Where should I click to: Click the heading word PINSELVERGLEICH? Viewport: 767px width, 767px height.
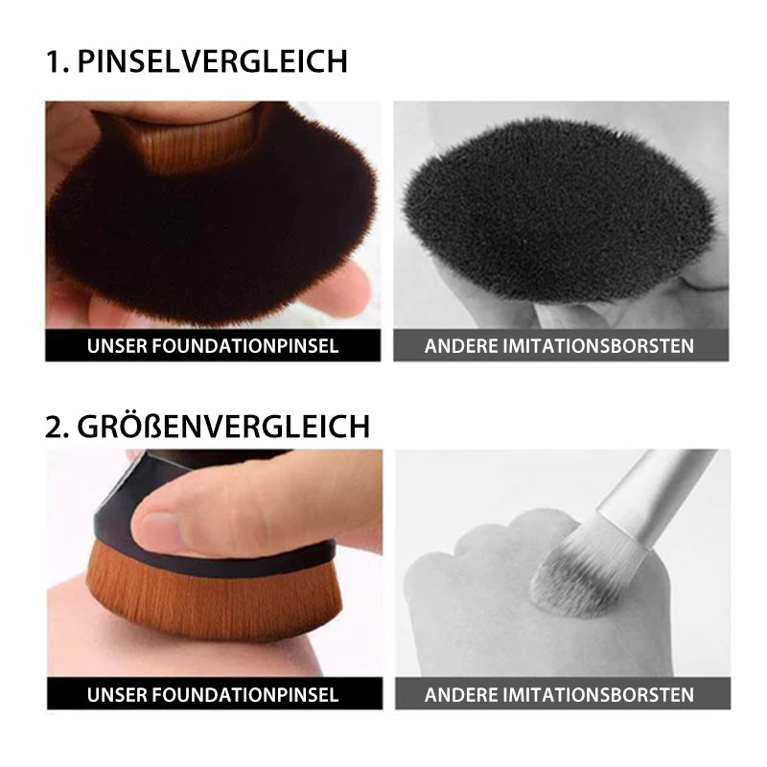pyautogui.click(x=212, y=61)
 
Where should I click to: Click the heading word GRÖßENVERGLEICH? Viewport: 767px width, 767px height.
pyautogui.click(x=223, y=426)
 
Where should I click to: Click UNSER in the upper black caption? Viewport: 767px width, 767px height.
pyautogui.click(x=117, y=346)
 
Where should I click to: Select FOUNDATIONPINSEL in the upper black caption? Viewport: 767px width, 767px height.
pyautogui.click(x=245, y=346)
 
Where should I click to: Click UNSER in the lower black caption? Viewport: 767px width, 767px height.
pyautogui.click(x=117, y=694)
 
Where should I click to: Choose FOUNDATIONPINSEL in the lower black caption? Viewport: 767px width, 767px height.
pyautogui.click(x=245, y=694)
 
